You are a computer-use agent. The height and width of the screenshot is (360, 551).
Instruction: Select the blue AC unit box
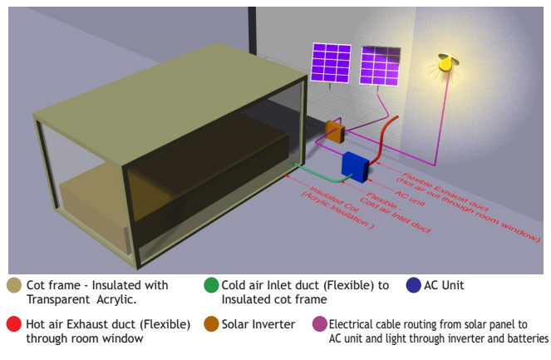[x=355, y=165]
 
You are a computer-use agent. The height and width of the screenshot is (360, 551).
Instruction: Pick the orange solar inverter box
[x=335, y=131]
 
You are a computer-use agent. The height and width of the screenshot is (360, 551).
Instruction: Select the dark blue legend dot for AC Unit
[x=412, y=285]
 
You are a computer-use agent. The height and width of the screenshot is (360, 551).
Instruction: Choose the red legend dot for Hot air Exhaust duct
[x=14, y=324]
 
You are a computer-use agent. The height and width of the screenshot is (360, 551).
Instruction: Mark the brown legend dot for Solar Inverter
[x=211, y=324]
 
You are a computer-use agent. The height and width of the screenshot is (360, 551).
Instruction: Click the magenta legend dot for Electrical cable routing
[x=319, y=324]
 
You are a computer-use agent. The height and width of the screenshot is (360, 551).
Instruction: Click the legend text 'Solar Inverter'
[x=258, y=324]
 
